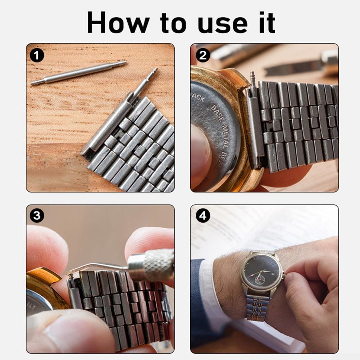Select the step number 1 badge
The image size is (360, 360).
(37, 55)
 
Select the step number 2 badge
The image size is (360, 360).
(203, 55)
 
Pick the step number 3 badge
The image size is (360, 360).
(37, 216)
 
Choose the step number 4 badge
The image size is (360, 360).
(203, 216)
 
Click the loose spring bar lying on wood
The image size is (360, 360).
(78, 73)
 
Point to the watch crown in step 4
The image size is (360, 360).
(283, 275)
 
